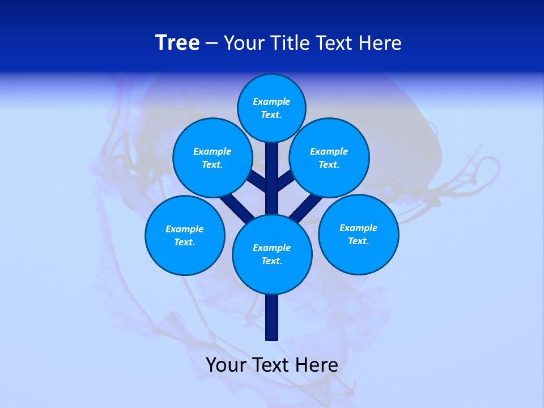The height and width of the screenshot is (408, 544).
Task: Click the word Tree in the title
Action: coord(177,43)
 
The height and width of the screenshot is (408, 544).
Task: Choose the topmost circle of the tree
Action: coord(271,108)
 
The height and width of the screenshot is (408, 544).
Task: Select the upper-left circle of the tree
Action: coord(212,158)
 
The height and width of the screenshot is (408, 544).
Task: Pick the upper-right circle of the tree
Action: coord(329,158)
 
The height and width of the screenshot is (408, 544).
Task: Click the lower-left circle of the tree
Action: coord(185,236)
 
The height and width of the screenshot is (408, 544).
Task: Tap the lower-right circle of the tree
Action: coord(358,235)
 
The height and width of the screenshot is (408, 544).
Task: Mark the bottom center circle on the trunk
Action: coord(272,254)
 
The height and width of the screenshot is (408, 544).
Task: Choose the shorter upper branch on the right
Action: coord(285,181)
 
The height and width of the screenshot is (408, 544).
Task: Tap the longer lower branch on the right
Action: coord(304,209)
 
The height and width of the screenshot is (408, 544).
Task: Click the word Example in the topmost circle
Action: coord(271,102)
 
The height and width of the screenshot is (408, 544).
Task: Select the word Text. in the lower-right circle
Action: coord(358,241)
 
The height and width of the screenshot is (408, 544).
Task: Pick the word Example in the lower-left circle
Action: coord(185,229)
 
